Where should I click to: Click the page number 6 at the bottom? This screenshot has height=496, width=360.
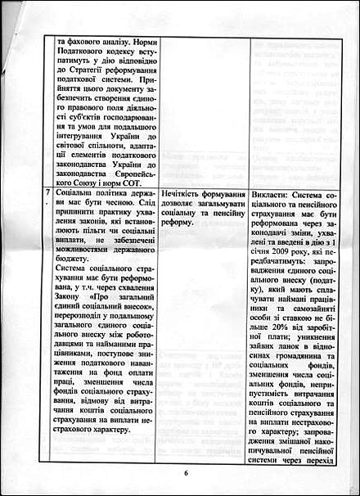click(x=186, y=472)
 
